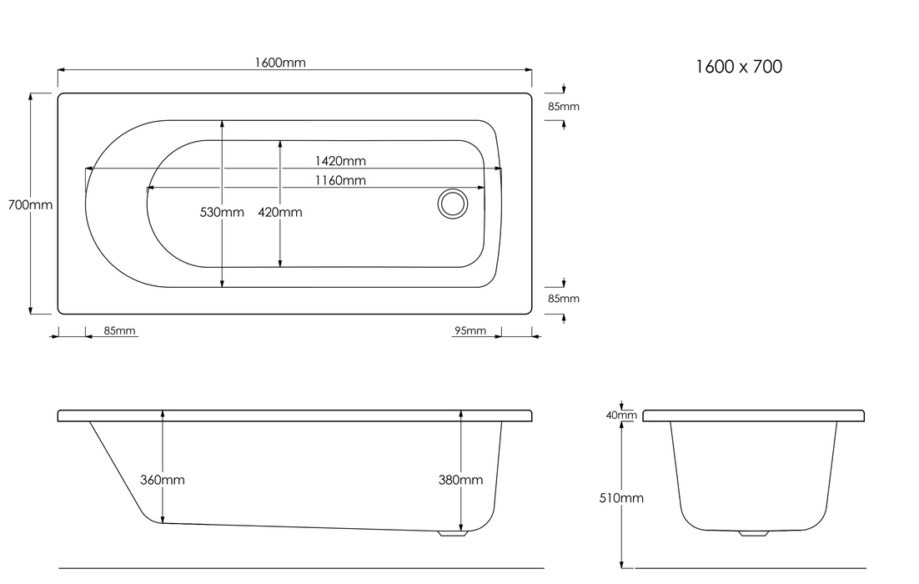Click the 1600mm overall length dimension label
tap(279, 63)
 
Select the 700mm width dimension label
tap(30, 204)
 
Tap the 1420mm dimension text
tap(340, 161)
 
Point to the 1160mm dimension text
tap(340, 180)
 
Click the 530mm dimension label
tap(222, 212)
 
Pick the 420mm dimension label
tap(280, 212)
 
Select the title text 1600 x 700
tap(739, 67)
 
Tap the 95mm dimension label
tap(470, 331)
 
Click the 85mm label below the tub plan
tap(120, 331)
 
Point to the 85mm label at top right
tap(564, 107)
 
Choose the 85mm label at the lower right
tap(564, 299)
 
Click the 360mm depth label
tap(163, 480)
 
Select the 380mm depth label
tap(460, 480)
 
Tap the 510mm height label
tap(622, 498)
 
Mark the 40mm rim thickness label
tap(622, 415)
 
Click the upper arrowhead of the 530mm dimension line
tap(223, 123)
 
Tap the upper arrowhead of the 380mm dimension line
tap(461, 413)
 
